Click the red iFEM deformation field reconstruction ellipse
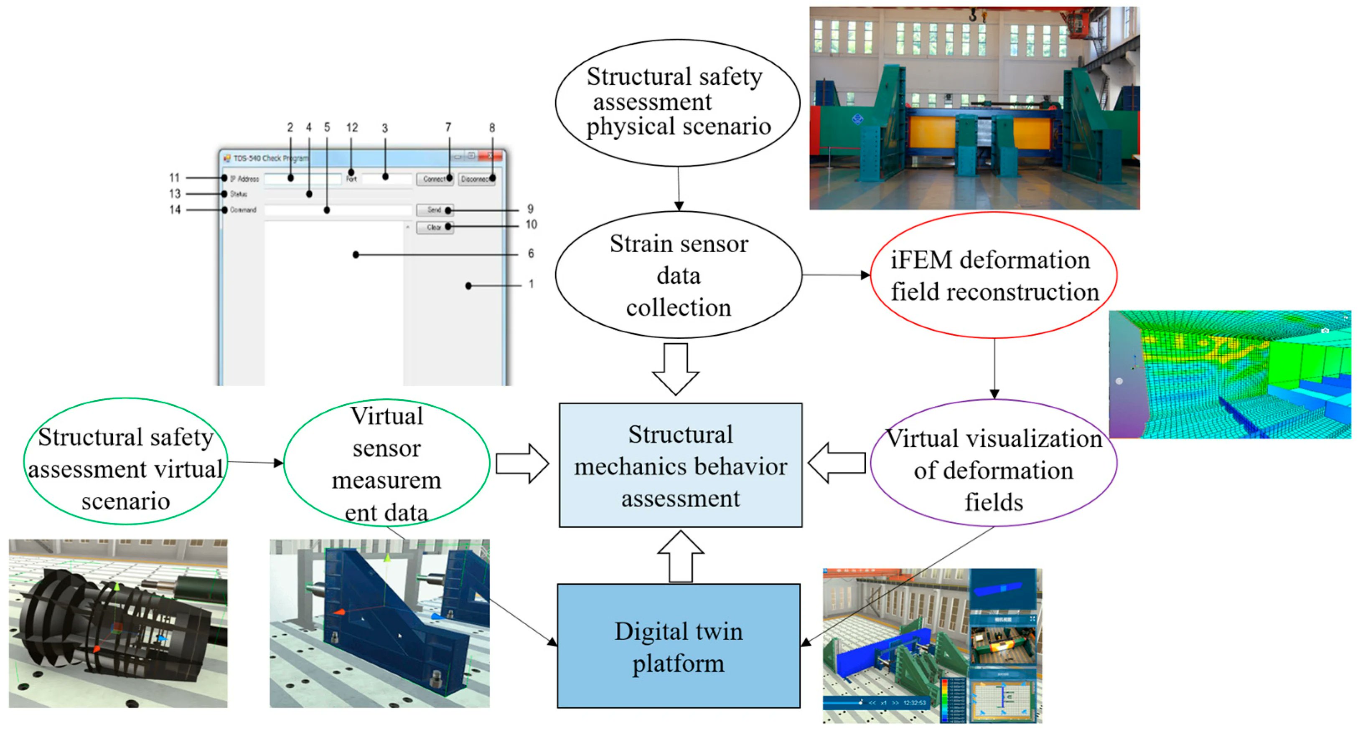994,275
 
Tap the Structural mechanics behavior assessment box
681,466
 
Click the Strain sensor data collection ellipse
679,275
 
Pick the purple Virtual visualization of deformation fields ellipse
994,463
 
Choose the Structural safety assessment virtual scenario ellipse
125,461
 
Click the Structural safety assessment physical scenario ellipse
678,103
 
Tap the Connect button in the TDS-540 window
434,179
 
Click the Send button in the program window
434,210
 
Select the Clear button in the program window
434,228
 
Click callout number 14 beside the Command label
175,210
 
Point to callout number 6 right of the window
531,254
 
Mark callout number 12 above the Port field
352,127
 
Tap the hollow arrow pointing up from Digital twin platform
681,557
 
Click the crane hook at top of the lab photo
974,16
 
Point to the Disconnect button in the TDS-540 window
476,179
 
